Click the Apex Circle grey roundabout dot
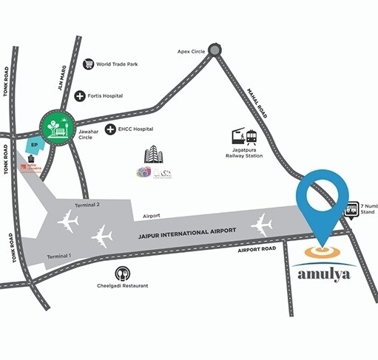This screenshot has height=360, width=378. tap(215, 50)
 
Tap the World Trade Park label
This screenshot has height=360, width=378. tap(122, 64)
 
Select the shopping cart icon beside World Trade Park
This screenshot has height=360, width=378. tap(90, 64)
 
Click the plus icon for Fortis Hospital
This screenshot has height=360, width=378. tap(80, 96)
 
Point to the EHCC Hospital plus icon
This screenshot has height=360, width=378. tap(110, 129)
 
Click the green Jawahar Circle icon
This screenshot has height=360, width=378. tap(58, 126)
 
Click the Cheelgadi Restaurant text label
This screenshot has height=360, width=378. tap(124, 286)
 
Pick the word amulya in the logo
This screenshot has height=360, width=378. tap(321, 274)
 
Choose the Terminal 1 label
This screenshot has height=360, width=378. tap(59, 255)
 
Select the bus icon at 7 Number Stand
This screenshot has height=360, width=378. tap(352, 209)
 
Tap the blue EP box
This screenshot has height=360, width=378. tap(33, 146)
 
